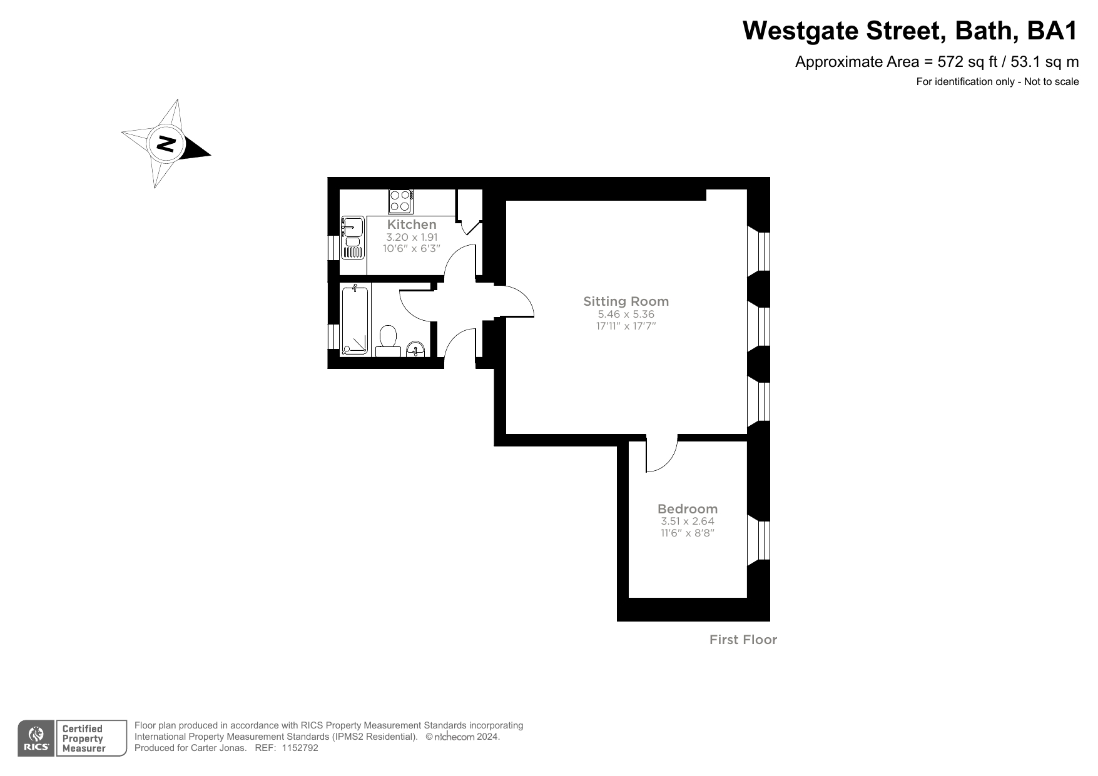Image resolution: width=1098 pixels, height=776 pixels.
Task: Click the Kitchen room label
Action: [412, 224]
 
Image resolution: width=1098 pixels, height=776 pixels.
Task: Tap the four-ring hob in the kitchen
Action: [400, 201]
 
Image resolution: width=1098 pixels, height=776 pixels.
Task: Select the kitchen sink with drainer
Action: [353, 238]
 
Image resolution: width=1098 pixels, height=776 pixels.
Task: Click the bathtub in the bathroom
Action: [355, 320]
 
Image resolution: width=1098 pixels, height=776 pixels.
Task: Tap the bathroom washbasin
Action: [415, 348]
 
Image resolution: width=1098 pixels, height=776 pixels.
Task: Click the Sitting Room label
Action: [626, 301]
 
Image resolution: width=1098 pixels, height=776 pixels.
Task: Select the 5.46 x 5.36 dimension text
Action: [626, 315]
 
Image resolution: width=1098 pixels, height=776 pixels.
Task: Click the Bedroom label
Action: [687, 509]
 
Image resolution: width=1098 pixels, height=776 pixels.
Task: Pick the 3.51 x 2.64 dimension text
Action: [687, 522]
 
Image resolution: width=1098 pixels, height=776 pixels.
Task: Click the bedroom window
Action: [759, 540]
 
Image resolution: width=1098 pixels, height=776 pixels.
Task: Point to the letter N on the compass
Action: [166, 144]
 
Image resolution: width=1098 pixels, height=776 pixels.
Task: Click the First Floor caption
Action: [743, 640]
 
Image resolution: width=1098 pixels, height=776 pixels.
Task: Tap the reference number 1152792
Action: [300, 748]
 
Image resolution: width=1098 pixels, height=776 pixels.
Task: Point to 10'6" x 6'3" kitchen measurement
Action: [412, 248]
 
